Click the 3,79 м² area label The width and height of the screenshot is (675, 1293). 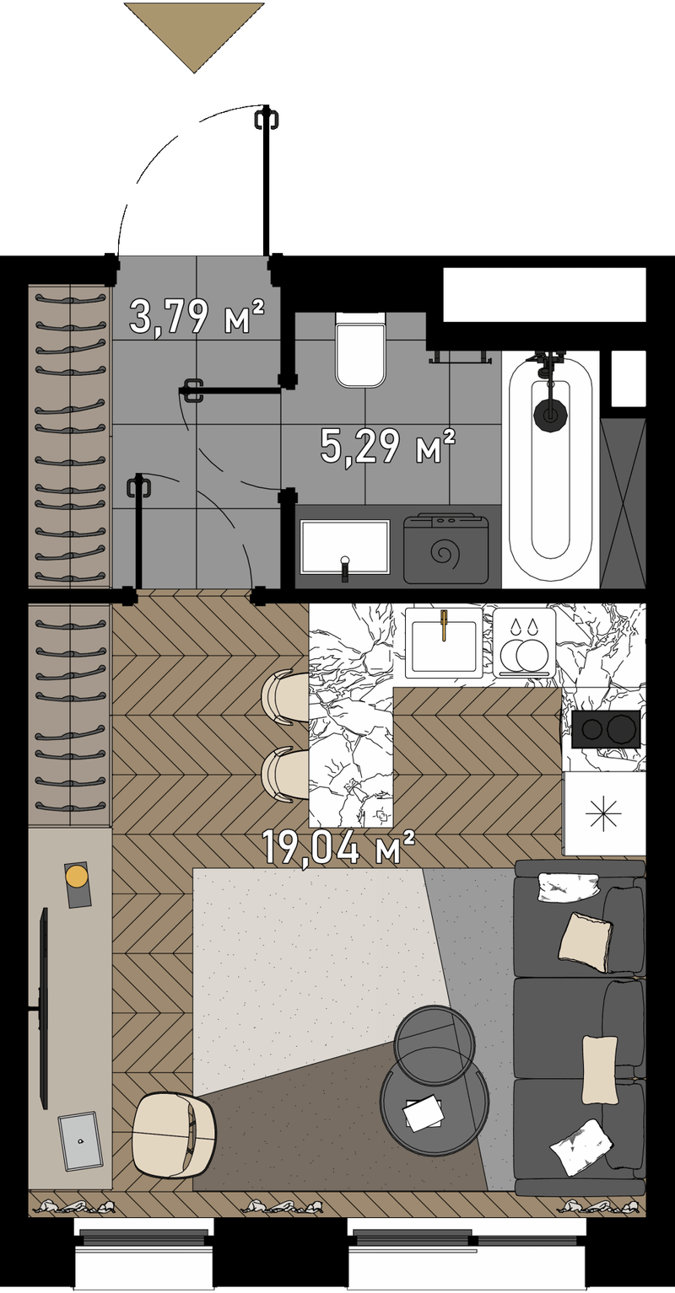point(197,316)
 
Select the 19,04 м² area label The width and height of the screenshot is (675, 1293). point(338,847)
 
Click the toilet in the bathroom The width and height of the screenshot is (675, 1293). point(360,350)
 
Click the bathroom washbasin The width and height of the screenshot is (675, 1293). point(345,547)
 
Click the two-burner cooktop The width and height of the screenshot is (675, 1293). point(607,729)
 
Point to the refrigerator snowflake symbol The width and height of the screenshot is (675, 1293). point(603,814)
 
